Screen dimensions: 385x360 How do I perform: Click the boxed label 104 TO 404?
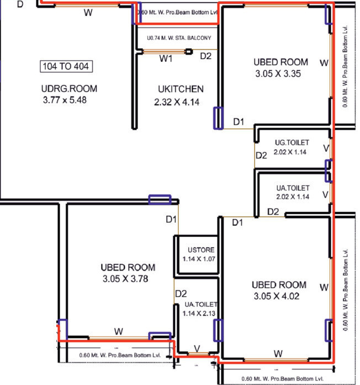point(66,67)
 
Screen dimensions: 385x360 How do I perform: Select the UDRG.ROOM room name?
point(69,89)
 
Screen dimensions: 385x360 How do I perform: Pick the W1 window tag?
point(166,57)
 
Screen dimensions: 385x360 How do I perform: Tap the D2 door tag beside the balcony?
point(205,56)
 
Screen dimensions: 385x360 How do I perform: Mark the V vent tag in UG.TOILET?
point(326,148)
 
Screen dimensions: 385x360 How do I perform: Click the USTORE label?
point(197,250)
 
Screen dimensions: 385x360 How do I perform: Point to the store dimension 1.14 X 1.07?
point(197,259)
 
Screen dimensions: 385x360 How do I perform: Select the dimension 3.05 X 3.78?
point(128,279)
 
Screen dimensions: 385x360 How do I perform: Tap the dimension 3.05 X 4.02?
point(279,297)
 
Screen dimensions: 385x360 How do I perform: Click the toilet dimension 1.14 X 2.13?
point(200,313)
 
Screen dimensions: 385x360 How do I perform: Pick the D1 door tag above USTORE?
point(171,220)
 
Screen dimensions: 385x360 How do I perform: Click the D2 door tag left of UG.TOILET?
point(261,156)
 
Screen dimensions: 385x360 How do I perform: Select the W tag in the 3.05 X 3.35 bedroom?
point(324,62)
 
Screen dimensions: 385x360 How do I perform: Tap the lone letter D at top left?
point(20,4)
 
